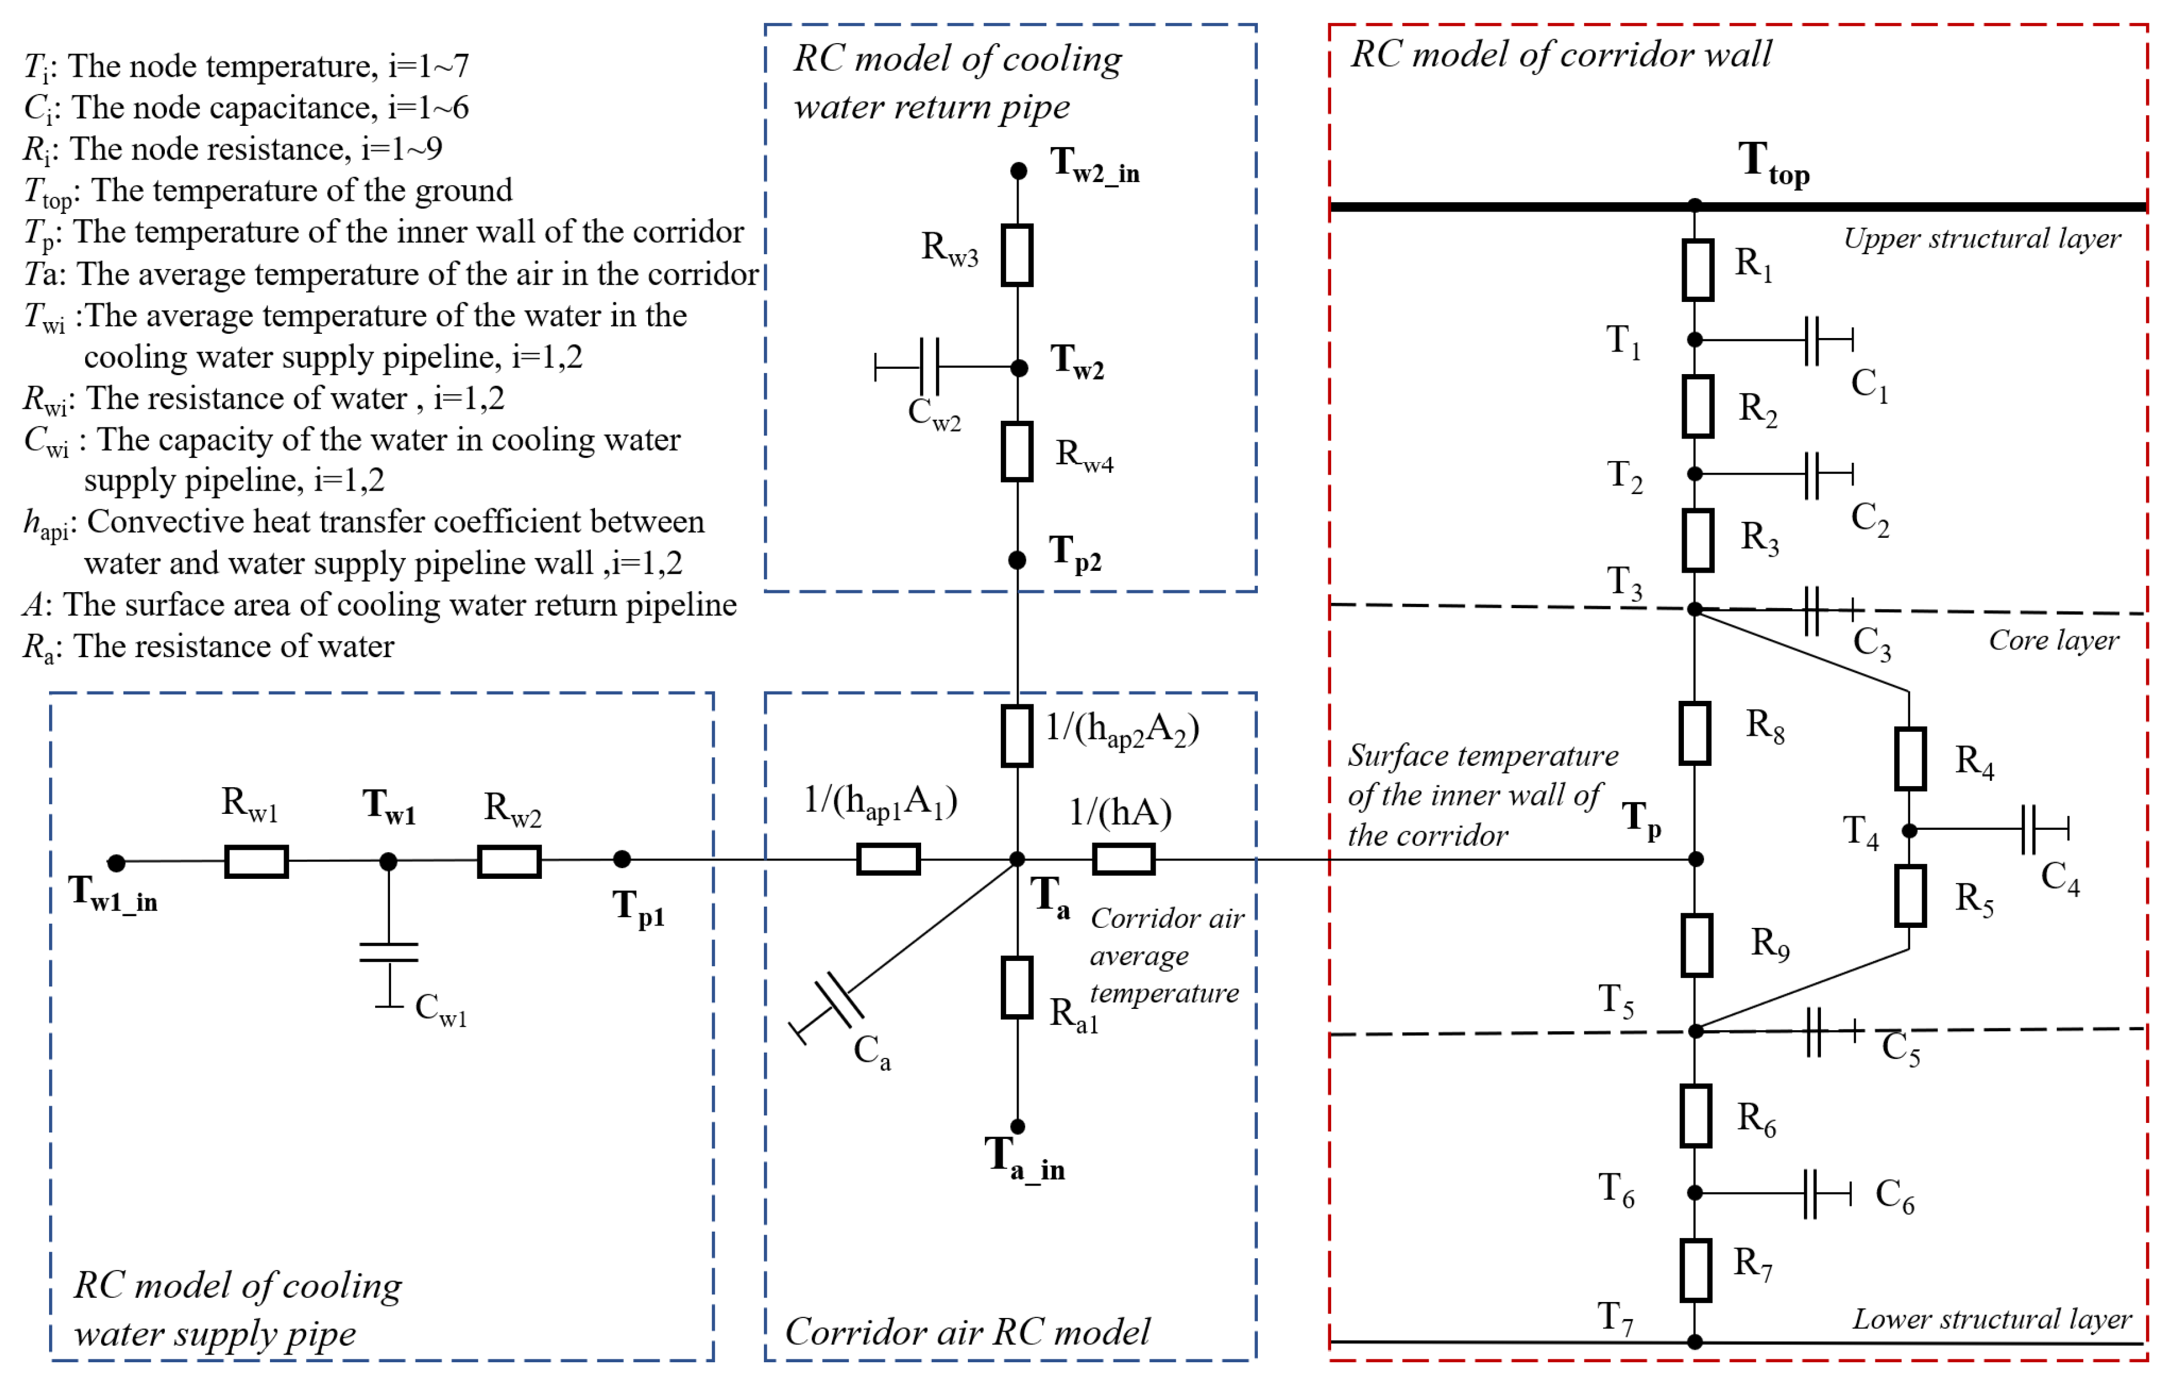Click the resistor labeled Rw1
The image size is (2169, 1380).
pyautogui.click(x=256, y=861)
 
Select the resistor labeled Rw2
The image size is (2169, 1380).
pyautogui.click(x=509, y=861)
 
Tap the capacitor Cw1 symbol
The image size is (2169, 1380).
pyautogui.click(x=388, y=952)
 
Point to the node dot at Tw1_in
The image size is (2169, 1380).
pyautogui.click(x=116, y=863)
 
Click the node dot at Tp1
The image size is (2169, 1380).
pyautogui.click(x=622, y=859)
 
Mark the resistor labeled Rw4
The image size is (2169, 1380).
pyautogui.click(x=1017, y=452)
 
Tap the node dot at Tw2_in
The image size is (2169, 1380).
pyautogui.click(x=1018, y=170)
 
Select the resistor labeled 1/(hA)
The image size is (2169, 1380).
pyautogui.click(x=1123, y=859)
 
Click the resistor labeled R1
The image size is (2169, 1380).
pyautogui.click(x=1697, y=269)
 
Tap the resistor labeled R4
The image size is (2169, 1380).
pyautogui.click(x=1910, y=758)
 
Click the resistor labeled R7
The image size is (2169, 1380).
pyautogui.click(x=1695, y=1270)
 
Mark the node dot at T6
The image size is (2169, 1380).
pyautogui.click(x=1695, y=1193)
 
